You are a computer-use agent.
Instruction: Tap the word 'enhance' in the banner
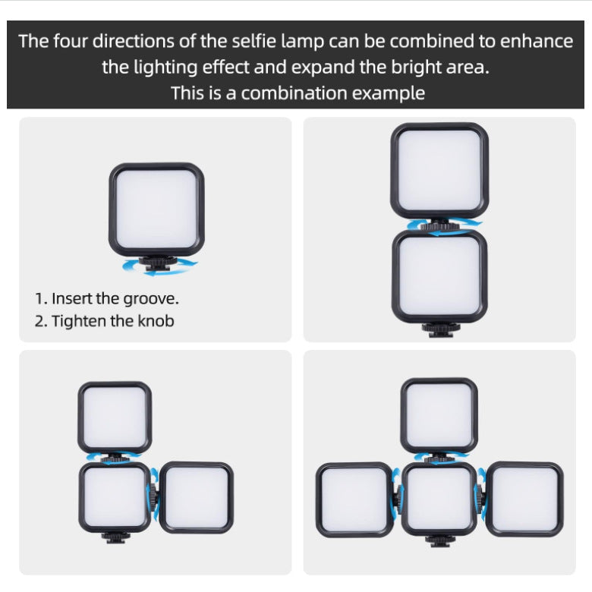(x=537, y=42)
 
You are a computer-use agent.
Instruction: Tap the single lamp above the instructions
(x=156, y=209)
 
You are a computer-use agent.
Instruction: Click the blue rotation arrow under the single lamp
(x=160, y=266)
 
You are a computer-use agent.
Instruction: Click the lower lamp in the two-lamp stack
(x=439, y=276)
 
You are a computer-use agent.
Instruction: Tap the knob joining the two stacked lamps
(x=439, y=225)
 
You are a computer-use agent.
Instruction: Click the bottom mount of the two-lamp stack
(x=439, y=329)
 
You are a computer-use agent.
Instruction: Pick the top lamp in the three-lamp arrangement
(x=115, y=417)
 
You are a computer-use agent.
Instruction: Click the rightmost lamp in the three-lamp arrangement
(x=197, y=497)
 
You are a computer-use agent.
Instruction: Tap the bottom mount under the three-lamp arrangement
(x=115, y=537)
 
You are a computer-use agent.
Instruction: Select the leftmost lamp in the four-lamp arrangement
(x=354, y=499)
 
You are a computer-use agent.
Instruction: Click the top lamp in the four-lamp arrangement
(x=439, y=415)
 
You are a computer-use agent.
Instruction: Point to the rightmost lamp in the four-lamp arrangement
(x=524, y=499)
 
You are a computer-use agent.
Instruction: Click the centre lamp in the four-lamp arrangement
(x=439, y=499)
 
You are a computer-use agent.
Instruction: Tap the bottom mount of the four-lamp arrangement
(x=439, y=542)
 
